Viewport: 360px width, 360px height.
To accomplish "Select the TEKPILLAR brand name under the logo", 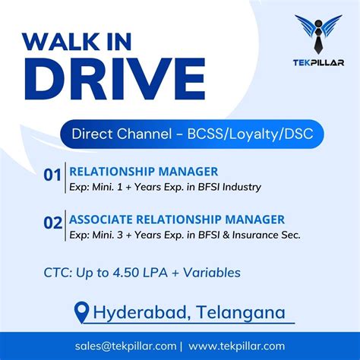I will tap(317, 62).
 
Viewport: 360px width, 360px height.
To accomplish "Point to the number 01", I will tap(52, 175).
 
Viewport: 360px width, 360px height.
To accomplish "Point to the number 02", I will tap(52, 223).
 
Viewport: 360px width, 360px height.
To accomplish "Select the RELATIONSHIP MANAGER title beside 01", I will tap(144, 172).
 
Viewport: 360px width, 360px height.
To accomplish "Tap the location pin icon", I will tap(81, 311).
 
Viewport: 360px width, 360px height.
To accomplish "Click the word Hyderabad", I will tap(141, 311).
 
